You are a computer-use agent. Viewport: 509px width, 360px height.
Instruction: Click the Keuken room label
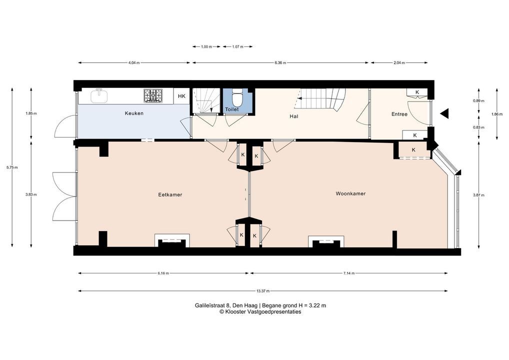point(134,113)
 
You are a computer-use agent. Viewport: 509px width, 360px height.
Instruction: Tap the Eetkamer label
point(170,195)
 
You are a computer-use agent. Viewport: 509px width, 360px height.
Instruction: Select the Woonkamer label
point(350,194)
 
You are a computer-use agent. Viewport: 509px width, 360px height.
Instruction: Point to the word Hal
point(294,116)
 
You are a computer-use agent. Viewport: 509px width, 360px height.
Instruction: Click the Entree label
point(399,114)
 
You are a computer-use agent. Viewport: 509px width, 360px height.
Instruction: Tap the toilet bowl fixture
point(237,98)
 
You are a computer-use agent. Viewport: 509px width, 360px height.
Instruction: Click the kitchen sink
point(100,96)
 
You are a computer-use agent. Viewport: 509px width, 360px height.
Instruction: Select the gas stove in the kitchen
point(153,96)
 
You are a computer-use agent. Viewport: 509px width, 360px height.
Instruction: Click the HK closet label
point(182,96)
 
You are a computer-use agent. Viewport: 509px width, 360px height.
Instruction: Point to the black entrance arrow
point(444,113)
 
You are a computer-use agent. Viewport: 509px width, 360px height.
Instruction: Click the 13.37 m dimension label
point(263,291)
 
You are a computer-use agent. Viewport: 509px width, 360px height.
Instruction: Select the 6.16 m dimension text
point(163,273)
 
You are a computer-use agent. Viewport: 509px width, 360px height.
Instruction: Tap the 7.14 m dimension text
point(349,273)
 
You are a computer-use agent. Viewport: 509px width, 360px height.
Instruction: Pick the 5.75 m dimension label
point(12,167)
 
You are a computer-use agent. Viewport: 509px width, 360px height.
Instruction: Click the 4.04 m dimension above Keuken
point(134,63)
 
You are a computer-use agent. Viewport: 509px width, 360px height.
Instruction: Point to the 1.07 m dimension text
point(238,46)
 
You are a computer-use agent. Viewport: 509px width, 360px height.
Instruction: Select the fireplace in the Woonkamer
point(326,242)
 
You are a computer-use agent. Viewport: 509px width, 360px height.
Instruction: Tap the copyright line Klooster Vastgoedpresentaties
point(260,312)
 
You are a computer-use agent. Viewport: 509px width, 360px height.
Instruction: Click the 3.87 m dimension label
point(479,195)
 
